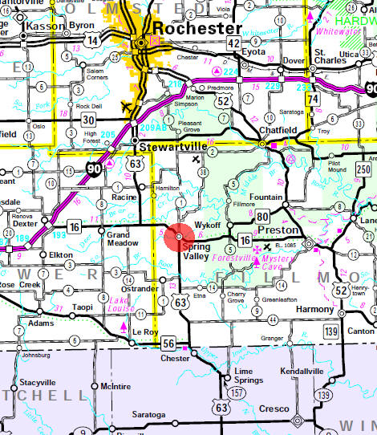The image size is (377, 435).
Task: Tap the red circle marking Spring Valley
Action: click(176, 239)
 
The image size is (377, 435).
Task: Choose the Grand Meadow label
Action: click(119, 238)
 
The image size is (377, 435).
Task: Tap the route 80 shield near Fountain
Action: click(263, 215)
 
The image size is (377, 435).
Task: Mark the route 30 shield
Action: click(88, 120)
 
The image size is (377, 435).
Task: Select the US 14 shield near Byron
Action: click(94, 39)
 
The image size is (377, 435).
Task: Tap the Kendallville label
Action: click(302, 372)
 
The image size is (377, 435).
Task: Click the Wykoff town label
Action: click(207, 227)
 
